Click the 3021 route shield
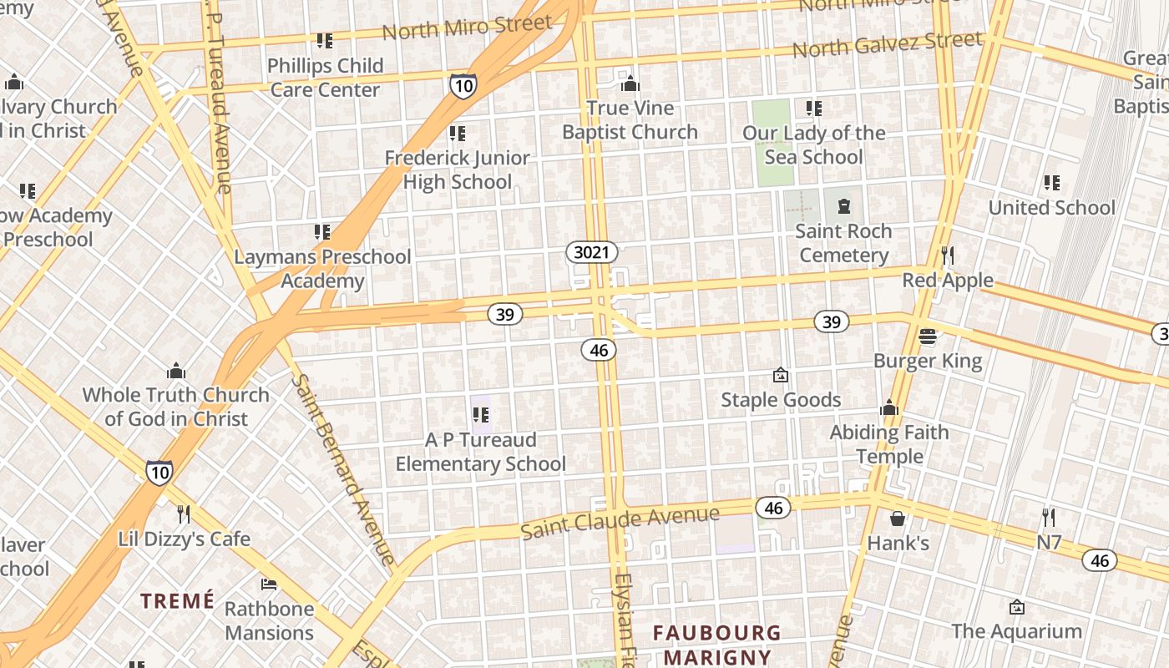[592, 252]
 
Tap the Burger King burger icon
[927, 337]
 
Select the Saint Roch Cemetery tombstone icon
[843, 205]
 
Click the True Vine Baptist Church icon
[630, 83]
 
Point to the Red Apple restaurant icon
[947, 255]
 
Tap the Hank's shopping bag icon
[898, 519]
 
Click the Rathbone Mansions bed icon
[269, 584]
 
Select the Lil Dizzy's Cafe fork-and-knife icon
[184, 514]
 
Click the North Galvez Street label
[888, 44]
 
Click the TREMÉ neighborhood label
[177, 600]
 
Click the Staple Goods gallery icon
[781, 375]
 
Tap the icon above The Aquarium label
[1016, 607]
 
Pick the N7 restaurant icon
[1049, 518]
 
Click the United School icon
[1051, 182]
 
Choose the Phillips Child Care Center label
[326, 77]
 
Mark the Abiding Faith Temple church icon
[889, 407]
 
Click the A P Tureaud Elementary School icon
[481, 414]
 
